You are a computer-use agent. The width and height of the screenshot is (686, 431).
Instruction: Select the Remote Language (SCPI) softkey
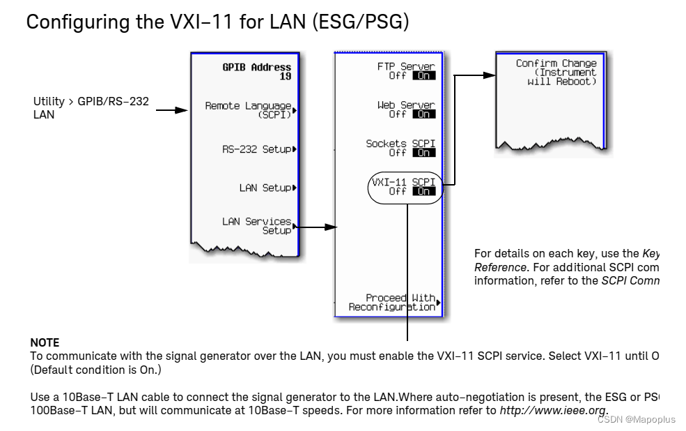point(249,110)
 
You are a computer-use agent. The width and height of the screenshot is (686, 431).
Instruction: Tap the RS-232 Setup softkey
point(257,149)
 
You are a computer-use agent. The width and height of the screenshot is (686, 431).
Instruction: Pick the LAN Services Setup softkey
point(257,226)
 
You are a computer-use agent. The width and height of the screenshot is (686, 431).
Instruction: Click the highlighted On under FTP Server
point(423,76)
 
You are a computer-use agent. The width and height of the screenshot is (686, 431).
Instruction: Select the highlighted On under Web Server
point(423,114)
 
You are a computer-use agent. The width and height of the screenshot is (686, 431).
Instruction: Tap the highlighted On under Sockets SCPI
point(423,153)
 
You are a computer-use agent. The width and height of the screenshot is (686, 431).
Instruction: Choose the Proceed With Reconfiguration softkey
point(393,302)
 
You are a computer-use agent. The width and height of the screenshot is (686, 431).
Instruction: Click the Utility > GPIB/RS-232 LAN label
point(91,107)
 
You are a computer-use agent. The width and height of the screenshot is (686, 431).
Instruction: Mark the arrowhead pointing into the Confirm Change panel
point(490,75)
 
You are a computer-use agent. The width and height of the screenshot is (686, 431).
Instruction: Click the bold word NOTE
point(45,342)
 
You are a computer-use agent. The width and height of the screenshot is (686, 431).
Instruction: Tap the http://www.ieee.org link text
point(553,410)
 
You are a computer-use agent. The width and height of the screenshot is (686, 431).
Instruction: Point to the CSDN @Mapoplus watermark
point(637,419)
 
